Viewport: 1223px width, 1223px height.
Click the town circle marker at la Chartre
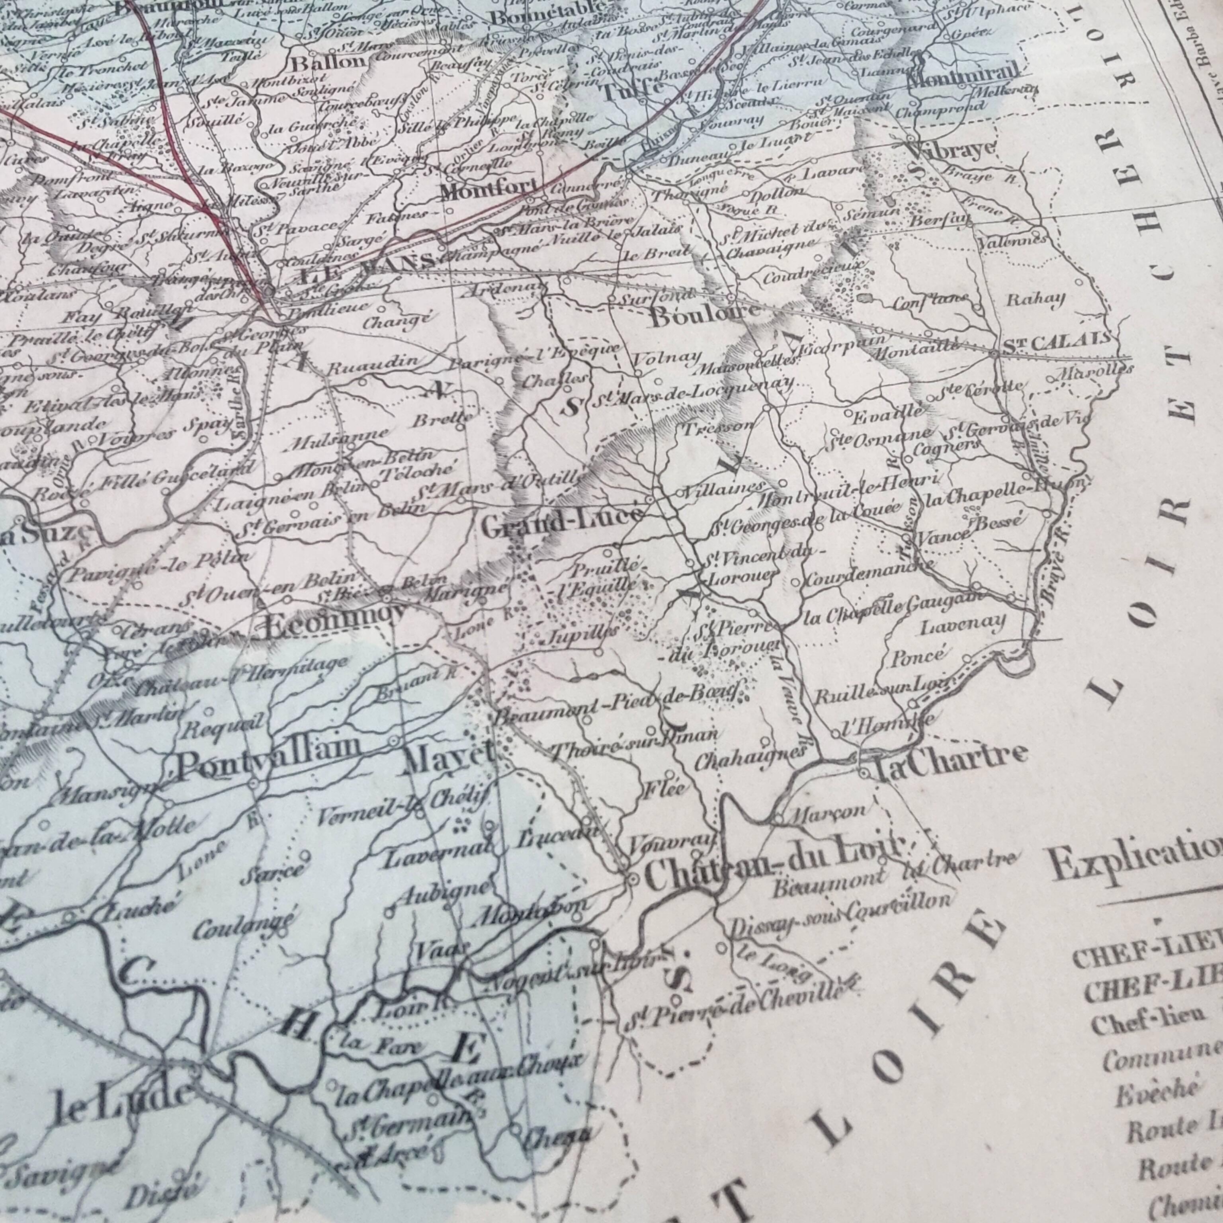(x=864, y=773)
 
